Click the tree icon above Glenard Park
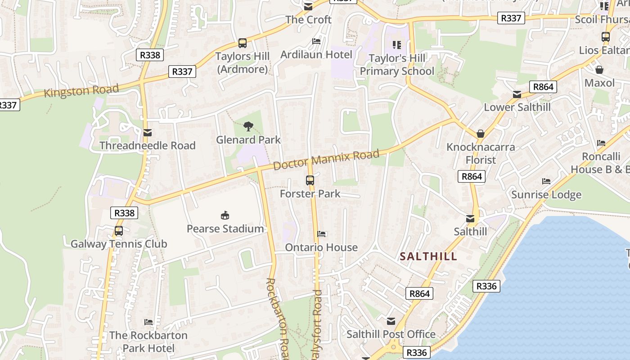click(x=248, y=126)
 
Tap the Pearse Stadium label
click(x=225, y=229)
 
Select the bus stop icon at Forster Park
click(x=310, y=180)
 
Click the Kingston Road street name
click(x=81, y=91)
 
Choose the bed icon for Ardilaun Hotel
click(x=316, y=41)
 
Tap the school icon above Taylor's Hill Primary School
click(x=396, y=45)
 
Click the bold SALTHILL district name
click(x=428, y=256)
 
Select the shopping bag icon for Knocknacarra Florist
click(x=481, y=134)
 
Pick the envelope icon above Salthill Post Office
click(x=391, y=321)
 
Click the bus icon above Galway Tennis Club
click(x=118, y=231)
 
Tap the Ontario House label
click(x=321, y=247)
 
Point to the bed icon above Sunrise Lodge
click(x=546, y=181)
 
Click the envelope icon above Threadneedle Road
click(x=147, y=133)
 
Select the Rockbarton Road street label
click(x=277, y=317)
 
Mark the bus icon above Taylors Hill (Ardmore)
click(x=243, y=43)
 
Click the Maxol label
click(x=599, y=83)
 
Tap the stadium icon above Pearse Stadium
click(x=225, y=215)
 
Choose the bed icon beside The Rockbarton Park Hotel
click(x=148, y=322)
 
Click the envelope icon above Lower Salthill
click(x=517, y=94)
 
